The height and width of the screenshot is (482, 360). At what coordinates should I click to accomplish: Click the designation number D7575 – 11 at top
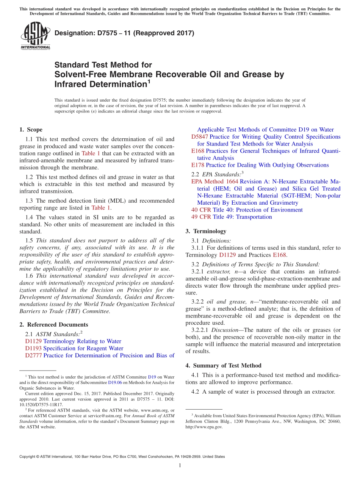(124, 33)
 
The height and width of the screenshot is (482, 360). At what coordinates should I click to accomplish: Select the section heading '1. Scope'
(31, 130)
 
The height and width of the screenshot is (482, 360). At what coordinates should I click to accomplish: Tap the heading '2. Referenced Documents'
(53, 324)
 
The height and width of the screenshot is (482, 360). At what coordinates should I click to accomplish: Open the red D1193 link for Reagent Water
(33, 348)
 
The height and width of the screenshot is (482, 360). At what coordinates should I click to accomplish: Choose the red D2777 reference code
(33, 355)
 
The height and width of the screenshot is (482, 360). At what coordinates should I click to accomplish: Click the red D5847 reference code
(199, 137)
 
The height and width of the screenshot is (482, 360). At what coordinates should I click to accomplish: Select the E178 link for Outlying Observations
(198, 165)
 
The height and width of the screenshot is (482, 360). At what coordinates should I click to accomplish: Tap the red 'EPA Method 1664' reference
(215, 182)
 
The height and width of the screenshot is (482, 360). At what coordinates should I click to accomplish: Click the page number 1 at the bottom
(180, 465)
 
